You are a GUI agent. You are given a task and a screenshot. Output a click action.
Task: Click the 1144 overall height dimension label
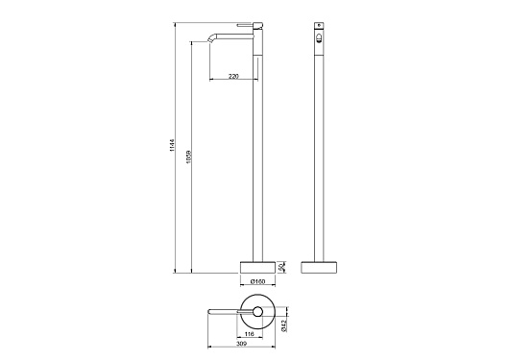tap(172, 145)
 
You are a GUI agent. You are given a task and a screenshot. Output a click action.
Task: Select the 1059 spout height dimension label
tap(189, 156)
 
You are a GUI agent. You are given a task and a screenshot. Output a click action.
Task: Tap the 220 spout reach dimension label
tap(233, 76)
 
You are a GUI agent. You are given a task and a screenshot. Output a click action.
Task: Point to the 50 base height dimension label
tap(282, 267)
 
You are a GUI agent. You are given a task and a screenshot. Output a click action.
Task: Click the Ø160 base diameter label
tap(258, 281)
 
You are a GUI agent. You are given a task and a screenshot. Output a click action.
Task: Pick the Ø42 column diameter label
tap(283, 325)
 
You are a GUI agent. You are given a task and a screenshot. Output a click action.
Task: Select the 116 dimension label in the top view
tap(250, 334)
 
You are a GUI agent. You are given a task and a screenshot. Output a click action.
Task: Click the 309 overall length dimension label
tap(242, 344)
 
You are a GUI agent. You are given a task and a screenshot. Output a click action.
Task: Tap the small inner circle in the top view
tap(257, 312)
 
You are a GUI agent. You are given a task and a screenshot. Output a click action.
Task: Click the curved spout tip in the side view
tap(209, 39)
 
